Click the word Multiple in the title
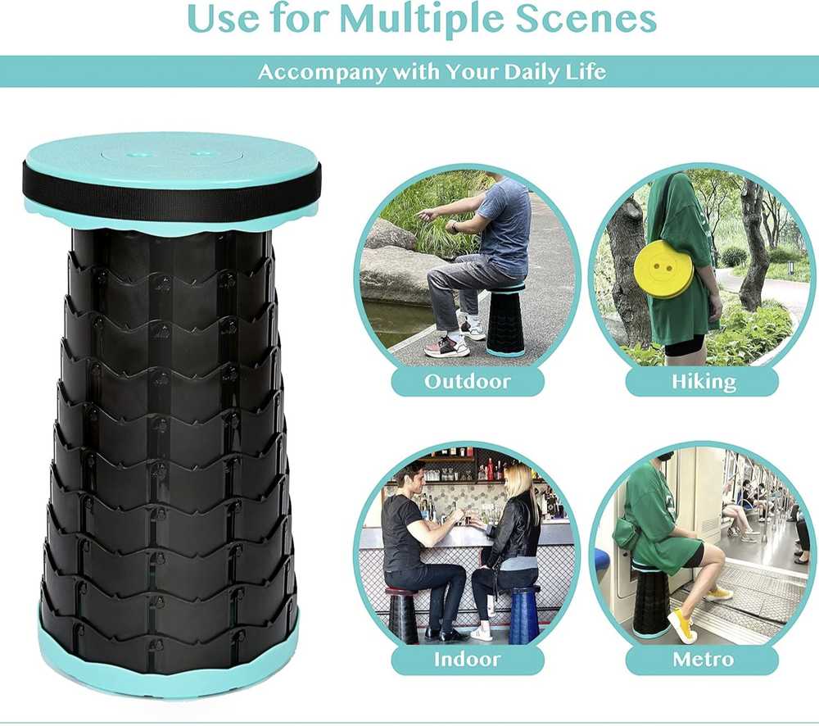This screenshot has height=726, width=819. point(422,20)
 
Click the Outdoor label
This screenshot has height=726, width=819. point(468,382)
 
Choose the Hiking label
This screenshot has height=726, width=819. point(703,382)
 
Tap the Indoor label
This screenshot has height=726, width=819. point(468,659)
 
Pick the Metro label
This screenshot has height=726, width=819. point(703,659)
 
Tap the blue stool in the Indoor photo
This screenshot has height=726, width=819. point(523,615)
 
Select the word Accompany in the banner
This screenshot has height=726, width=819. point(322,72)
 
